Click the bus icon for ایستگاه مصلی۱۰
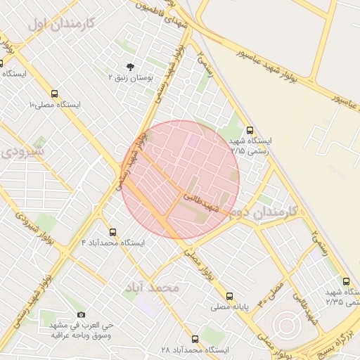point(55,94)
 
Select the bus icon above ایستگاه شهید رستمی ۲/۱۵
point(250,130)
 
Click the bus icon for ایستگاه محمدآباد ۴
point(112,232)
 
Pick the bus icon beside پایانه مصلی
point(229,296)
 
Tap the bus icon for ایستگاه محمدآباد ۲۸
point(195,339)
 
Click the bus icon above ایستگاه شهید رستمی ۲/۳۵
point(345,281)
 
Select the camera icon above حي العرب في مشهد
point(82,314)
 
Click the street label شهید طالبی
point(202,203)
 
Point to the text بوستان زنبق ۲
point(129,77)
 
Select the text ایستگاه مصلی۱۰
point(55,105)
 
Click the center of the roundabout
point(287,326)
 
